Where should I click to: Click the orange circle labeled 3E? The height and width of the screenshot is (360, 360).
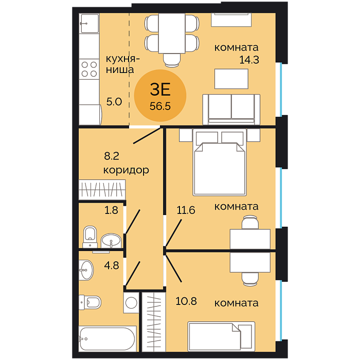[160, 96]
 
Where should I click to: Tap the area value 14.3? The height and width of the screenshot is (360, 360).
[249, 60]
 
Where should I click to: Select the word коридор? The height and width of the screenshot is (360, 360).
[126, 170]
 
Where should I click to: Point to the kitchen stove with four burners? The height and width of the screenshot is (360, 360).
[89, 69]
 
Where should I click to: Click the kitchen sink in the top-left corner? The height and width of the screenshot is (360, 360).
[89, 24]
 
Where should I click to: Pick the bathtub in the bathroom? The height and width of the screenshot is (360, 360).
[107, 338]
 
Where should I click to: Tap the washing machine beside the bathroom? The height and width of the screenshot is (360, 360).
[131, 302]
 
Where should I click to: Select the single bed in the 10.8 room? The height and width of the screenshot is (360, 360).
[221, 336]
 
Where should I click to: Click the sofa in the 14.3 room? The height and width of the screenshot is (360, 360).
[231, 109]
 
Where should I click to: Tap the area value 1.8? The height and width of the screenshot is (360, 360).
[112, 210]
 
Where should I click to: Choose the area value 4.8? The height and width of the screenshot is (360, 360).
[112, 266]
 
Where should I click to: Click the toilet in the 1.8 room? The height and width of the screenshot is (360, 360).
[90, 237]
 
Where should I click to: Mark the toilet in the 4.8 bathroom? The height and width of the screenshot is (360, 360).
[90, 302]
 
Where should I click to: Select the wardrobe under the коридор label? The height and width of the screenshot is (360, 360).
[102, 190]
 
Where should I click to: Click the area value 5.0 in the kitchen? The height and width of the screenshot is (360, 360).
[114, 102]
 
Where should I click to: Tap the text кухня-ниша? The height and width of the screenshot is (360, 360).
[122, 64]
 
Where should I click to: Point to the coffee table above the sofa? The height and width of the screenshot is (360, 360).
[231, 79]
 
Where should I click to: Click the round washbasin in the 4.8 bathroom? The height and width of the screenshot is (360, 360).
[86, 270]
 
